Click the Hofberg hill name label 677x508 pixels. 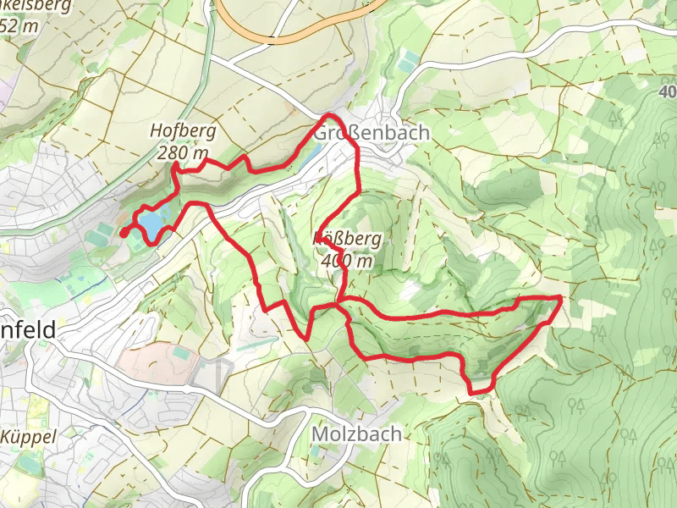coord(184,131)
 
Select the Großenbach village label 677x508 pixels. coord(372,134)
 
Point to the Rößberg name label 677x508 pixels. coord(349,240)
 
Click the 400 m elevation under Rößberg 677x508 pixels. coord(347,261)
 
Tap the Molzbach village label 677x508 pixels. coord(356,433)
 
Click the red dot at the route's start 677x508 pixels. coord(124,232)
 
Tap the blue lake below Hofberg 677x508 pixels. coord(152,224)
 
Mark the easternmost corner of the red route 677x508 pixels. coord(561,298)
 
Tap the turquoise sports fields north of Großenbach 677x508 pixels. coord(410,61)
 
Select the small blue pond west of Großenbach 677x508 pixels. coord(310,152)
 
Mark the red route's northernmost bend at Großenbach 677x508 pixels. coord(332,115)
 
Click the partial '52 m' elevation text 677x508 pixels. coord(20,25)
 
